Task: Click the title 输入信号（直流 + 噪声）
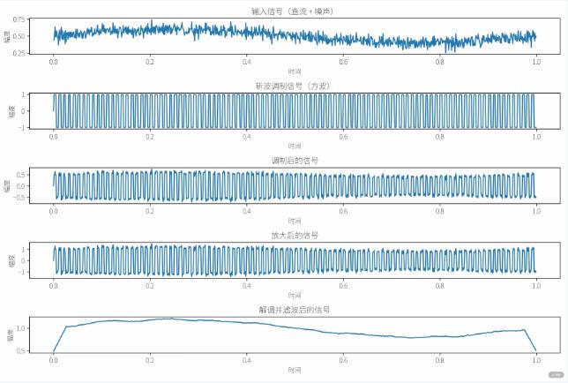click(x=294, y=11)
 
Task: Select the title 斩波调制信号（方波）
click(x=294, y=86)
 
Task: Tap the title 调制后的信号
click(x=294, y=161)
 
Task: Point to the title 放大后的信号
click(x=294, y=236)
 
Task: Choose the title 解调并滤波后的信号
click(x=294, y=311)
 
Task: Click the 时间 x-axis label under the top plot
click(x=294, y=71)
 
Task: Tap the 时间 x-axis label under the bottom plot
click(x=294, y=371)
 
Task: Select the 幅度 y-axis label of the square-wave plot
click(x=8, y=111)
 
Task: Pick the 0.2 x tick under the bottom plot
click(x=150, y=362)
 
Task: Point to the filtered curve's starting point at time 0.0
click(x=54, y=351)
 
